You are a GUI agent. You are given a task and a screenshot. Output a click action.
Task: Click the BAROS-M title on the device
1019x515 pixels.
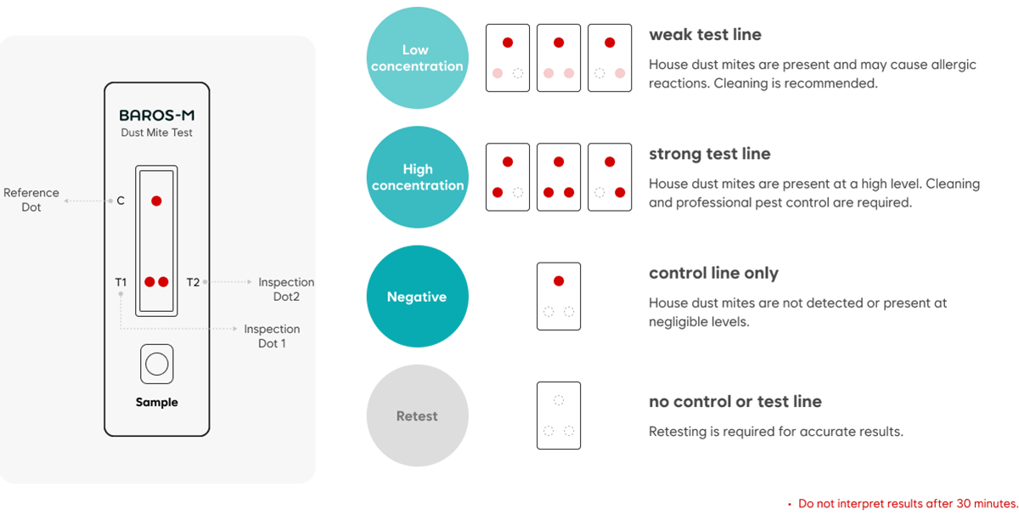156,116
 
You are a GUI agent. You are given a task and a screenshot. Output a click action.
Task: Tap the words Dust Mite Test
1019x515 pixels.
156,133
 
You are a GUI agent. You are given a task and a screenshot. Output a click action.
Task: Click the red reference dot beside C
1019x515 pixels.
156,201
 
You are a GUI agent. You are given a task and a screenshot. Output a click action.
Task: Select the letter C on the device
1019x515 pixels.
121,201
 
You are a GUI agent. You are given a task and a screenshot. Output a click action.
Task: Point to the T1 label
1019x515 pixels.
121,282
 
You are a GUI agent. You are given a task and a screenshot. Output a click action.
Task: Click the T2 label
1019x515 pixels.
193,282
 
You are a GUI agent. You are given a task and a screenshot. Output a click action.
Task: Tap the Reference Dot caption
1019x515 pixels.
31,200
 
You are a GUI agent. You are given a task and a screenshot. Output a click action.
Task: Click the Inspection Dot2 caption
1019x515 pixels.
286,289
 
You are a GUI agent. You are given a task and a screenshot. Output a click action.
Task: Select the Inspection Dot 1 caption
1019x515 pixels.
272,336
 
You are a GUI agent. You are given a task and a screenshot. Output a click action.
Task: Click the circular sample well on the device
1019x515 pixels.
156,365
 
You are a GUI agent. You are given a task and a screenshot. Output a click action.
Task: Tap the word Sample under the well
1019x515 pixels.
156,402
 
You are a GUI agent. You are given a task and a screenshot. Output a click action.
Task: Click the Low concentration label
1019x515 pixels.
416,58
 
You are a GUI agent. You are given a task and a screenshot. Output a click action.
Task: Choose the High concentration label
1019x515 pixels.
418,177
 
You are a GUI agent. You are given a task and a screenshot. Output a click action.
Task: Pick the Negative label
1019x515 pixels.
416,297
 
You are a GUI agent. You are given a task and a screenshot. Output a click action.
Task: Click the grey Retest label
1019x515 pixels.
417,416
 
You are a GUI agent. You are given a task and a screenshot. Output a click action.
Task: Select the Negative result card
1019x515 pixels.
559,297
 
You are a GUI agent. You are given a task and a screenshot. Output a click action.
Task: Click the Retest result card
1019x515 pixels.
559,416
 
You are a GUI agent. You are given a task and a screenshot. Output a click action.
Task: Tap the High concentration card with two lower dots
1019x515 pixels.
559,177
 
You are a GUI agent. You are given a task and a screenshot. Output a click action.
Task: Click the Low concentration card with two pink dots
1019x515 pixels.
559,58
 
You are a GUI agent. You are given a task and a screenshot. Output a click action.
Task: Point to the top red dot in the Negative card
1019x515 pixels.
559,281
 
